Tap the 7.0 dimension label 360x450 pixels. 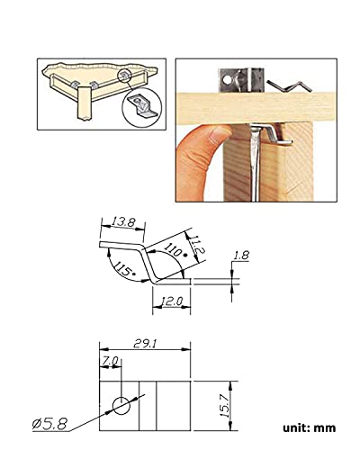(111, 361)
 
